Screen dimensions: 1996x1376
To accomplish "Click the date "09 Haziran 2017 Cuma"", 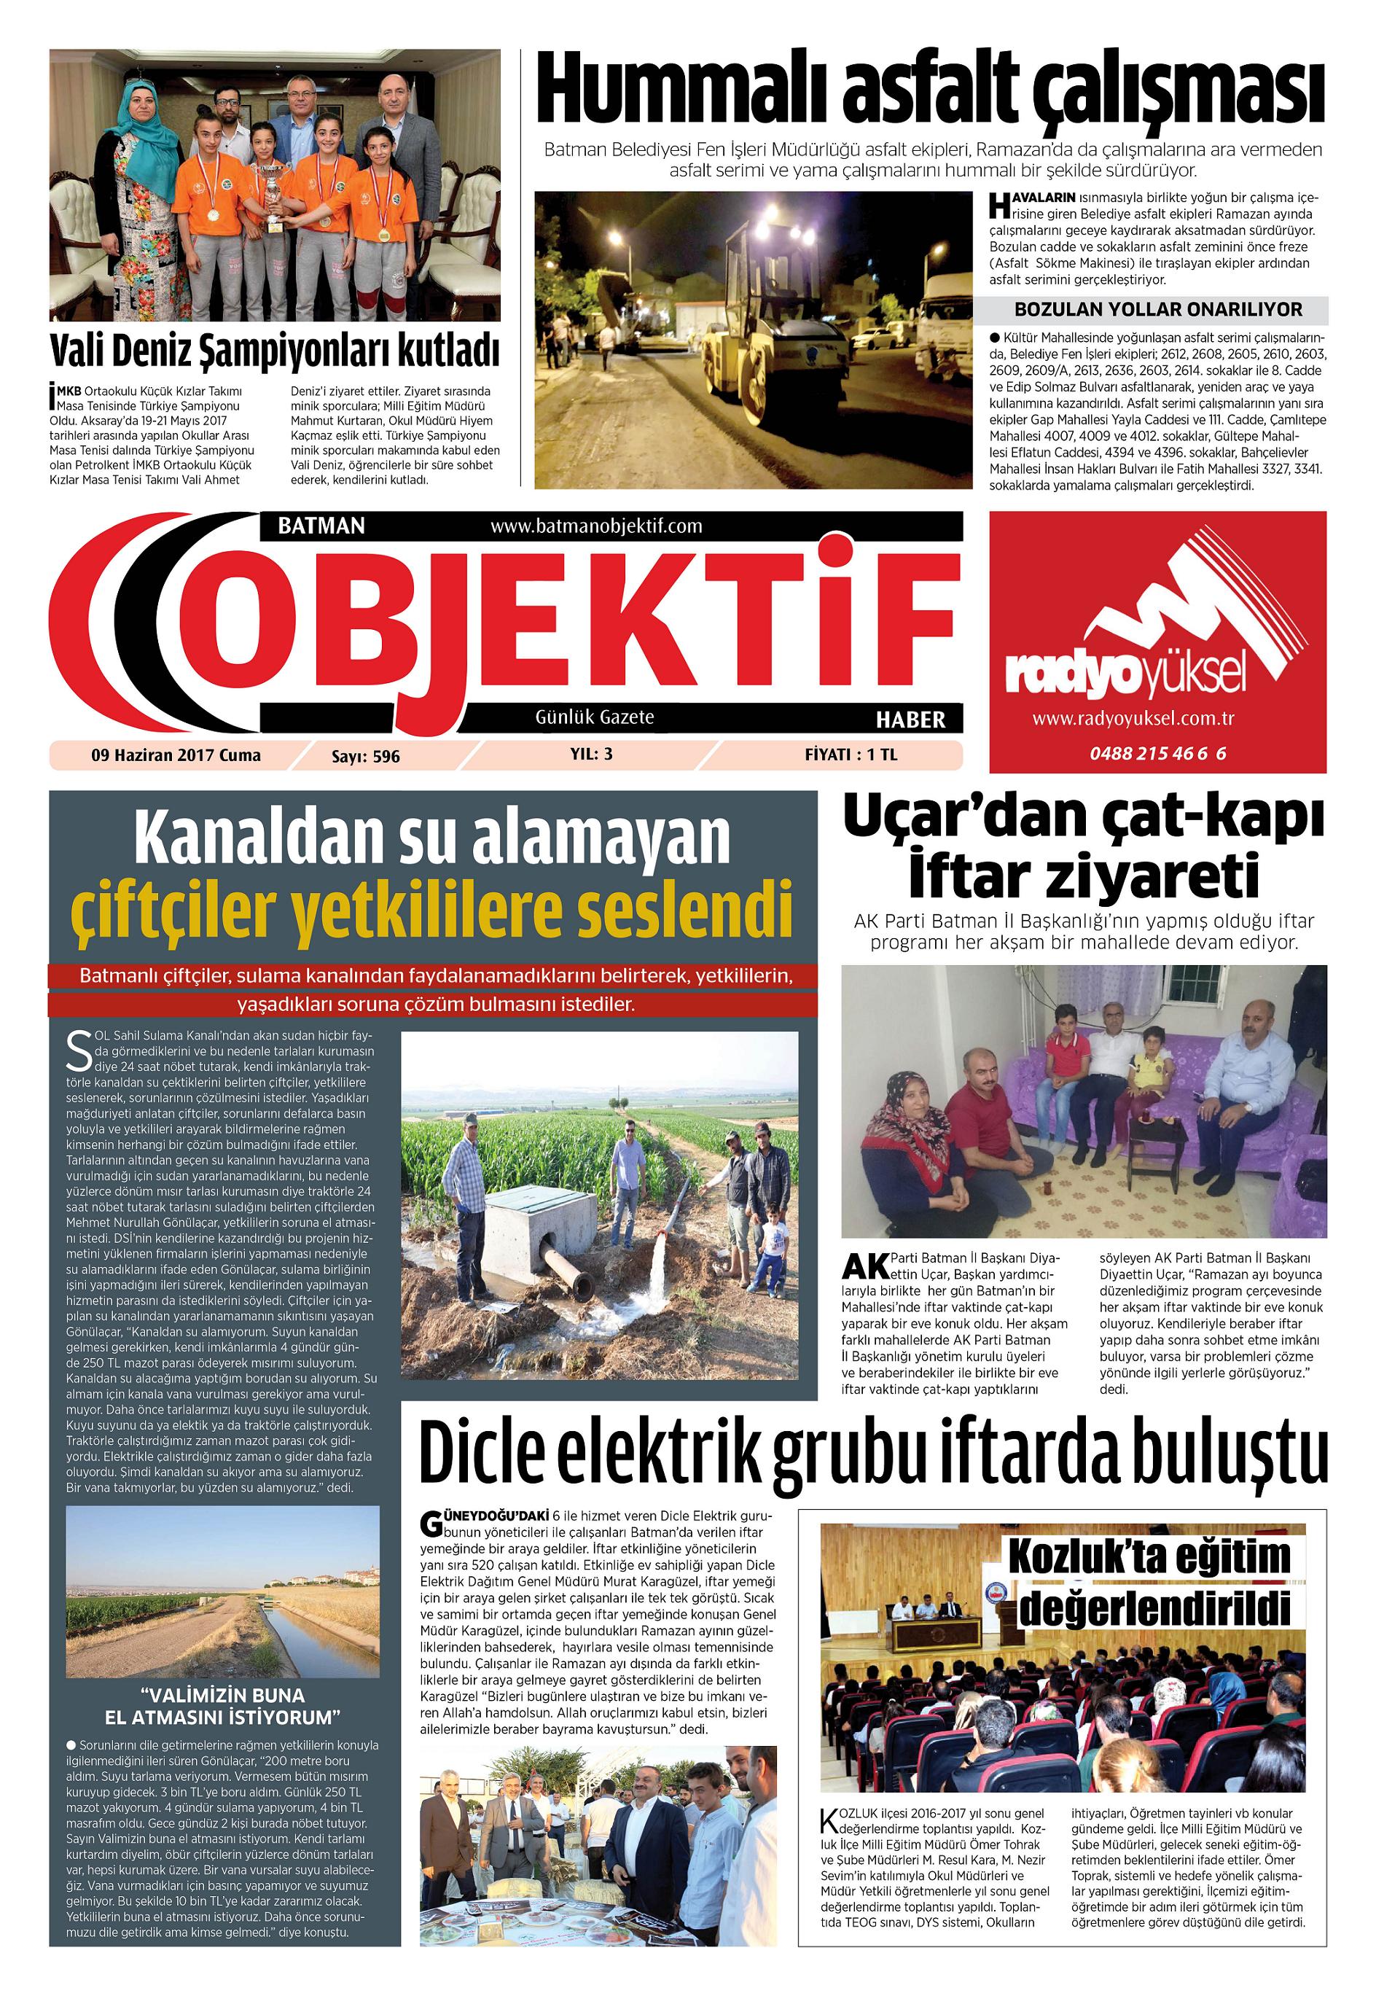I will (x=176, y=756).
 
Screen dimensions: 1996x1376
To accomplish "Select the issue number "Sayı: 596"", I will (x=366, y=757).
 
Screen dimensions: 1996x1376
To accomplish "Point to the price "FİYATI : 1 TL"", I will (x=850, y=755).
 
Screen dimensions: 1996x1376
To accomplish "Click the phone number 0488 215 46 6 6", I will (x=1157, y=754).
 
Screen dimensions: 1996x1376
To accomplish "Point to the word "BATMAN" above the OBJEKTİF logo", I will (x=321, y=526).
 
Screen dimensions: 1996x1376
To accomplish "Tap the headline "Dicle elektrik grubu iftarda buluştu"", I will (x=872, y=1451).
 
